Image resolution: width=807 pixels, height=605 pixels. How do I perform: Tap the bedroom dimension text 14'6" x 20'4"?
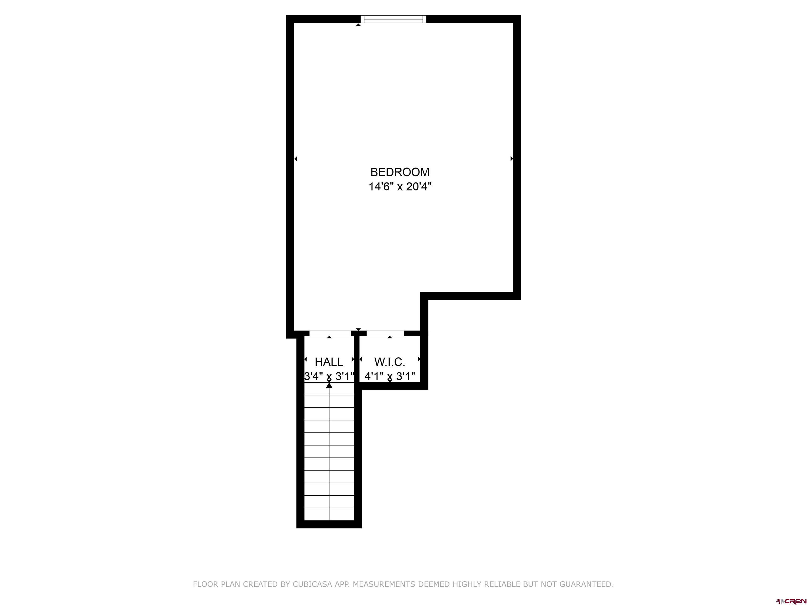(x=400, y=187)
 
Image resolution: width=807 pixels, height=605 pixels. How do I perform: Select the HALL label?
(x=329, y=362)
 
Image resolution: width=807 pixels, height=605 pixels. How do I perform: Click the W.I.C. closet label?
(x=390, y=362)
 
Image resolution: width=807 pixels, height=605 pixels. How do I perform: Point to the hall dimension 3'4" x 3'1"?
(x=329, y=376)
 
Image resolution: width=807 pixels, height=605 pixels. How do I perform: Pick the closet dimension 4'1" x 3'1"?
(x=390, y=376)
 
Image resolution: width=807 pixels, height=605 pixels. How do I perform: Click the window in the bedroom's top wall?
(x=393, y=19)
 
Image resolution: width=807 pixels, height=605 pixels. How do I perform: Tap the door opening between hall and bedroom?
(x=330, y=333)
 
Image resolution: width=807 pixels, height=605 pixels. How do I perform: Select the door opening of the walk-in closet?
(x=385, y=333)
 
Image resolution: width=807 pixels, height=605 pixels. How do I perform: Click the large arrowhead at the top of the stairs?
(x=329, y=385)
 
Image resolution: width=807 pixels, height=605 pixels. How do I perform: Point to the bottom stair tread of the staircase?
(x=329, y=514)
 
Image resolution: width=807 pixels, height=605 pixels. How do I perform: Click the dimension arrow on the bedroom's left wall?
(x=296, y=159)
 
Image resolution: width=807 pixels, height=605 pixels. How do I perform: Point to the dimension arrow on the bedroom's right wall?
(x=511, y=159)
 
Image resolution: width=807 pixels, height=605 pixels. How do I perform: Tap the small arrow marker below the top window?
(x=358, y=25)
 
